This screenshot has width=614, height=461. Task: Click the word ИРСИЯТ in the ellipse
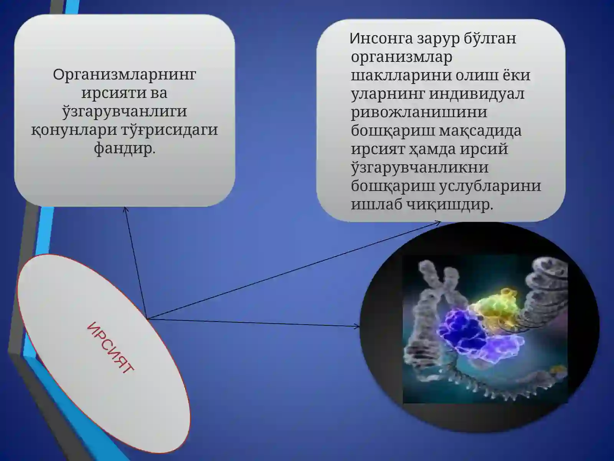click(x=111, y=348)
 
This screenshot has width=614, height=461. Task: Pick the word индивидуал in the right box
click(x=476, y=94)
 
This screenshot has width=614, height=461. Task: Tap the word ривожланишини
click(x=419, y=112)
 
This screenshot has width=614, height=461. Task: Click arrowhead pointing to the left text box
click(x=125, y=209)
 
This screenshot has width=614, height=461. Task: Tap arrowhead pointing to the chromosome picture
click(x=358, y=327)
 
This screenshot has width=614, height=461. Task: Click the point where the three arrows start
click(x=147, y=319)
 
